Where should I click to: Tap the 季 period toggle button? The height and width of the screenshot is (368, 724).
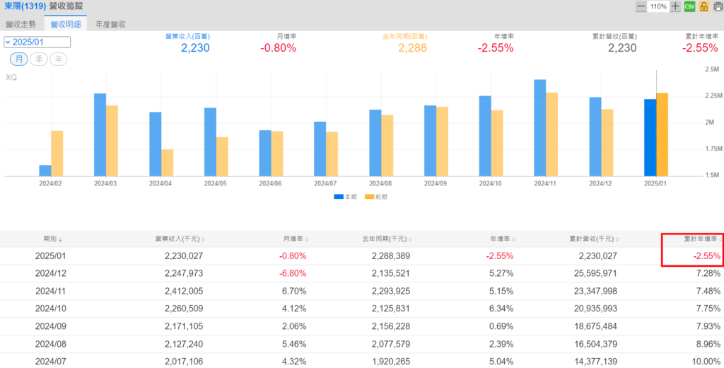pyautogui.click(x=39, y=59)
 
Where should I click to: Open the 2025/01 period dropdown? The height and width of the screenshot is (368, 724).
pyautogui.click(x=37, y=42)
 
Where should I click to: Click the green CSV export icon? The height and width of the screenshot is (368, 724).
pyautogui.click(x=689, y=6)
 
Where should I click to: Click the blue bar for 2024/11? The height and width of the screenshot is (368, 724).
pyautogui.click(x=539, y=127)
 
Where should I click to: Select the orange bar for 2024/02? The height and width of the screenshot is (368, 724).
pyautogui.click(x=57, y=154)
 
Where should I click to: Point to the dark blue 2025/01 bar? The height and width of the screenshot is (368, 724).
pyautogui.click(x=650, y=138)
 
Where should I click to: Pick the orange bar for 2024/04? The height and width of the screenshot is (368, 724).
pyautogui.click(x=168, y=163)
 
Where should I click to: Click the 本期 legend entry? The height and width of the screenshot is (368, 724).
pyautogui.click(x=345, y=197)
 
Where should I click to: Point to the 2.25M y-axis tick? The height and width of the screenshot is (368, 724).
pyautogui.click(x=713, y=96)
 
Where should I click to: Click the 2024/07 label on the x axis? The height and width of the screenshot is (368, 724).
pyautogui.click(x=326, y=183)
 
